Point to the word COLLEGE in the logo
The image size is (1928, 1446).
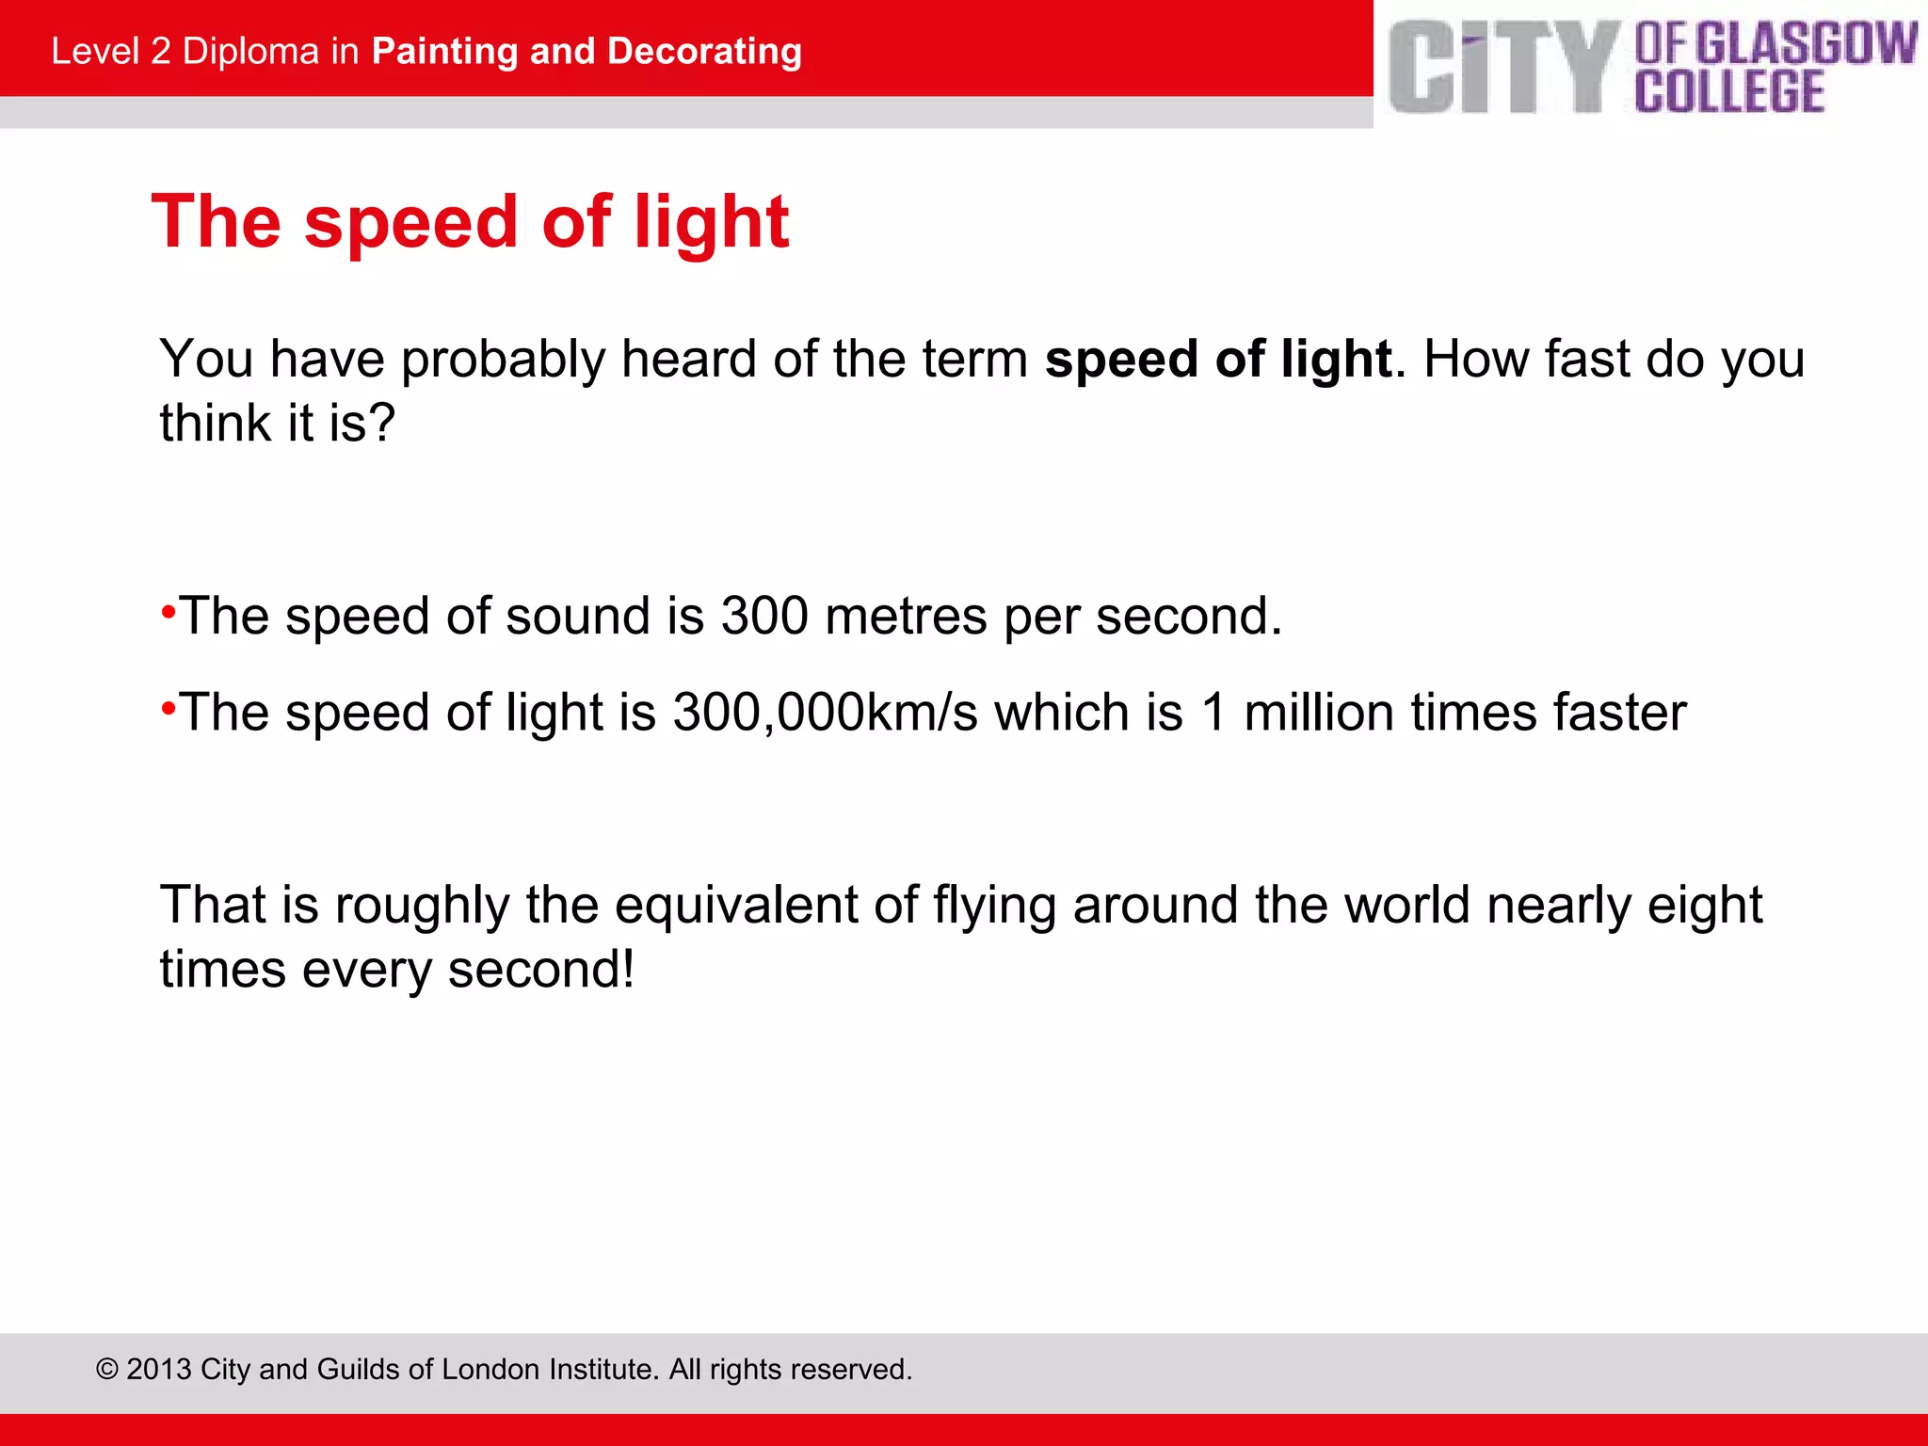[x=1729, y=91]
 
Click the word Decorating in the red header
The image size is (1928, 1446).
[x=704, y=52]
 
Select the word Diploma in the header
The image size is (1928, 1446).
[x=250, y=52]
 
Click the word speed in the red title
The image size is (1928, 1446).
[x=410, y=223]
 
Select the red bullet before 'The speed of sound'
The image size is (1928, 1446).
[x=169, y=612]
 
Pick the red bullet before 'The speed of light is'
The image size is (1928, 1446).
[x=169, y=708]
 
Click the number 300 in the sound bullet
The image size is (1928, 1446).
[x=763, y=617]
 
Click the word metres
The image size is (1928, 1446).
[x=906, y=617]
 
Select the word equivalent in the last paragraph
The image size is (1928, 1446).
[x=735, y=906]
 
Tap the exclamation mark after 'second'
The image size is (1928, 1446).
[x=627, y=970]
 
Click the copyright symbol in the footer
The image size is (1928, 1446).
[x=107, y=1370]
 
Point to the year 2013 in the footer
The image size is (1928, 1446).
[x=159, y=1370]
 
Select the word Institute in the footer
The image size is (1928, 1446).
[x=602, y=1370]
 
